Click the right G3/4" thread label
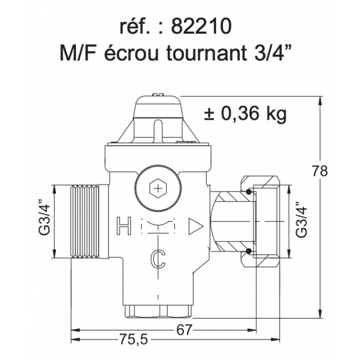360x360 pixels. click(x=301, y=220)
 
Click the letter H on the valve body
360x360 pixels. click(x=124, y=225)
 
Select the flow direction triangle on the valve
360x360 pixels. click(x=196, y=225)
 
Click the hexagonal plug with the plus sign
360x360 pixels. click(x=160, y=189)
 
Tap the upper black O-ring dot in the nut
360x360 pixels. click(x=249, y=192)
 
